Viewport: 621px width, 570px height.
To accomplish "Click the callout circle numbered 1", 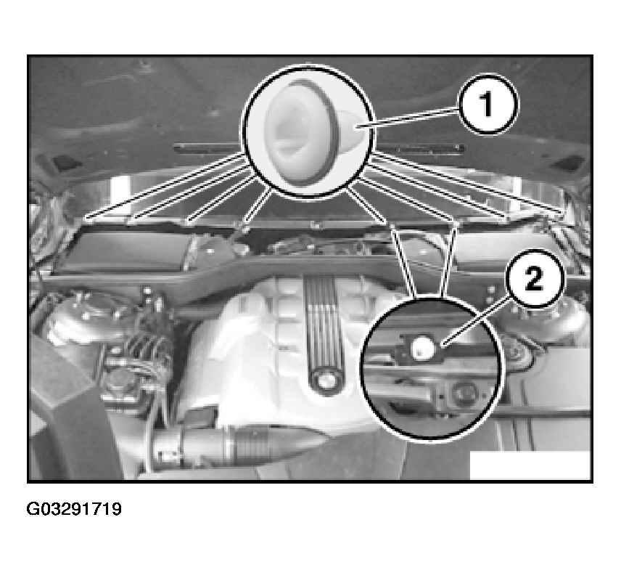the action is click(x=488, y=105).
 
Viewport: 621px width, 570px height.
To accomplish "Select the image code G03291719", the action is click(x=74, y=509).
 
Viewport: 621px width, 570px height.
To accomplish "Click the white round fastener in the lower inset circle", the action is click(x=421, y=348).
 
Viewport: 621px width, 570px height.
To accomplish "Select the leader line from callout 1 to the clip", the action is click(x=408, y=118).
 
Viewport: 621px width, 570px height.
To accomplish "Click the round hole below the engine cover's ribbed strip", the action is click(x=326, y=381).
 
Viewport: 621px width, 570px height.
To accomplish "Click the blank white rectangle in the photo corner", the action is click(x=530, y=465).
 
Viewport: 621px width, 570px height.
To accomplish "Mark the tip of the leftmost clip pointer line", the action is click(x=86, y=218).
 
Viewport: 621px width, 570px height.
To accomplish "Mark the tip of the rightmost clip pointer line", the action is click(x=562, y=216).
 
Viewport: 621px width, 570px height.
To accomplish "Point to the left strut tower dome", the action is click(x=85, y=317).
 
